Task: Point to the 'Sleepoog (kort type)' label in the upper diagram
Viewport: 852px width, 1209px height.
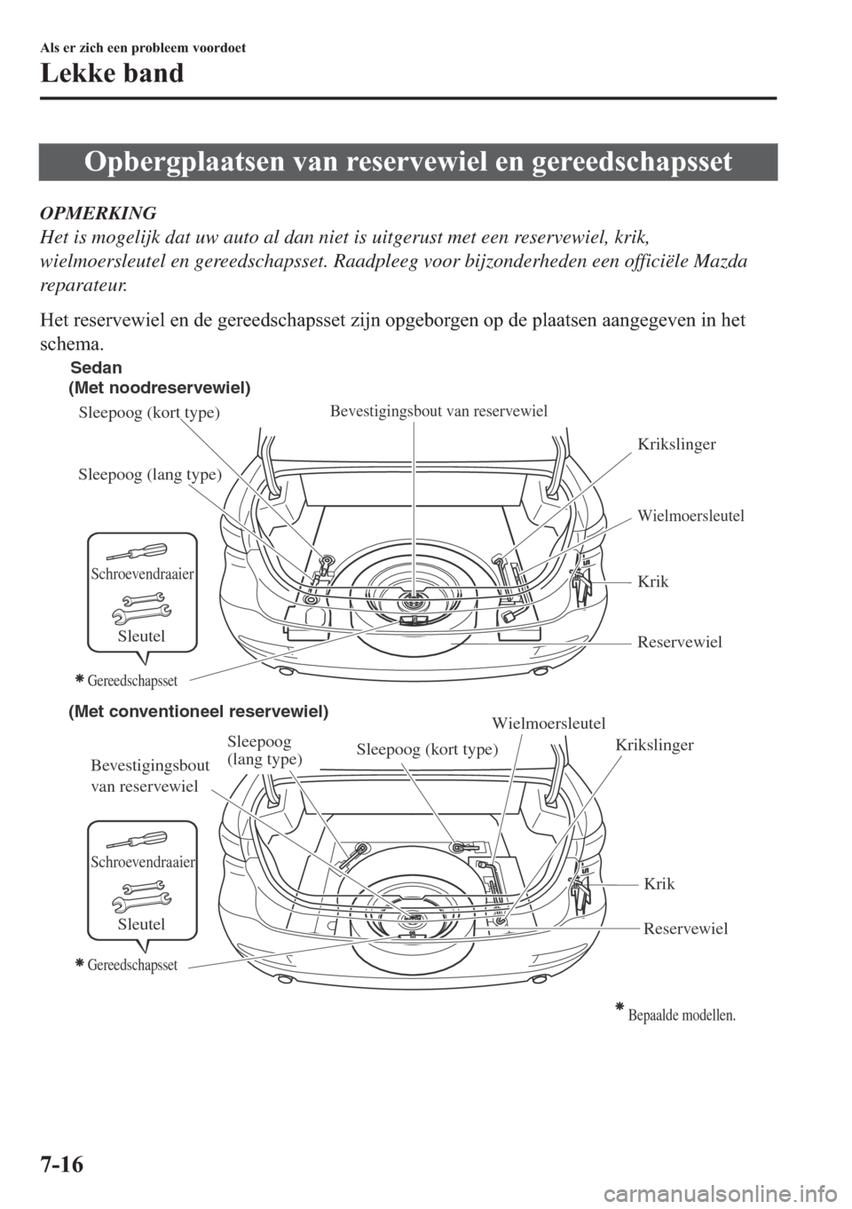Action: coord(149,413)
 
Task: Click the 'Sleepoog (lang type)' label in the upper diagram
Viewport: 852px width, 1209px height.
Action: coord(150,474)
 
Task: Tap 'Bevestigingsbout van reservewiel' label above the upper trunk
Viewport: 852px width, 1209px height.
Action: coord(438,410)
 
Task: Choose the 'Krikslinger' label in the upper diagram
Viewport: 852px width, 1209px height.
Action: coord(676,444)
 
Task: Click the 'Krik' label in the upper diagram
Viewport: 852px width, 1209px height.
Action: coord(652,581)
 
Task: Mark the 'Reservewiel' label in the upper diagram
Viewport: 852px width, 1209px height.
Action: coord(680,641)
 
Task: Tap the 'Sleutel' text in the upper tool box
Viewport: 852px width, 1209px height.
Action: coord(142,636)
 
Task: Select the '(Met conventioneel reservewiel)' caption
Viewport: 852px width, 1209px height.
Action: coord(199,712)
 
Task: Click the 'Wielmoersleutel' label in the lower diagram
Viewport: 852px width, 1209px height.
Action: coord(548,723)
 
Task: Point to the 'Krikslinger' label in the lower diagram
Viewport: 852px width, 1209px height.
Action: coord(654,747)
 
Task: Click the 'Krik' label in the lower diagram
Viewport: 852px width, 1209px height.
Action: coord(659,883)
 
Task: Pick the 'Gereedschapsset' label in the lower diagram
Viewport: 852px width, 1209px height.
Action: coord(132,964)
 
